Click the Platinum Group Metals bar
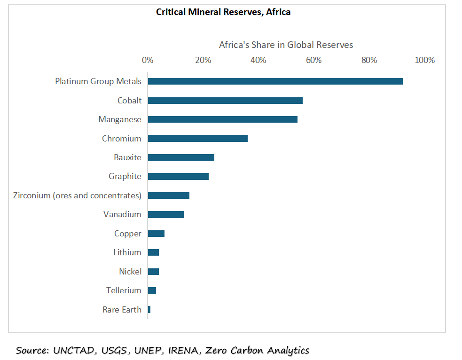point(275,81)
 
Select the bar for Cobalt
point(225,101)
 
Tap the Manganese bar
point(222,119)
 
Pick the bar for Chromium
point(197,139)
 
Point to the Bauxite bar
point(181,157)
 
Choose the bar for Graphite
point(178,177)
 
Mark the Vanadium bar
point(165,215)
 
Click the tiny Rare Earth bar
point(149,310)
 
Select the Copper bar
point(156,234)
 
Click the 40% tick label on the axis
point(258,60)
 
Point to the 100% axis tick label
point(424,60)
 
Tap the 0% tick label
point(148,60)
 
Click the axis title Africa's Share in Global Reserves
point(286,45)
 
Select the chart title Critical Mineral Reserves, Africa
point(223,12)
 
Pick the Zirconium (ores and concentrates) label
point(77,196)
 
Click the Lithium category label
point(127,252)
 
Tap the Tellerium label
point(124,290)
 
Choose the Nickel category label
point(130,272)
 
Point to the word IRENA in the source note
point(191,351)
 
